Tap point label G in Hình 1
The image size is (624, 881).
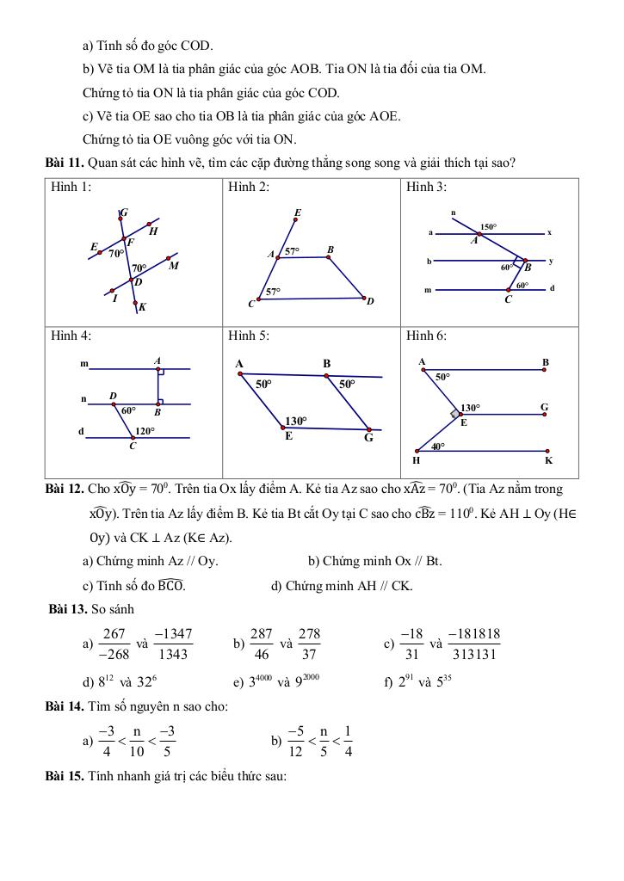124,213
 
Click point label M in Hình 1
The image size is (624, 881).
173,266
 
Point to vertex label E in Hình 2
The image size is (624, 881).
297,212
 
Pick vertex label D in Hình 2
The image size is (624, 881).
370,302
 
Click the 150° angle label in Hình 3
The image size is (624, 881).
488,227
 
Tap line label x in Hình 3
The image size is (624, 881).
549,232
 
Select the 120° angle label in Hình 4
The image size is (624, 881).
144,430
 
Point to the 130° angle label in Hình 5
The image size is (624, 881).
296,421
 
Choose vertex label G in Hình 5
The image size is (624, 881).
368,437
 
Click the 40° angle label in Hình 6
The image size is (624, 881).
438,447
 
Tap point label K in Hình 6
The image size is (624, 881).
548,461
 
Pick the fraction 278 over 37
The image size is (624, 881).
309,644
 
